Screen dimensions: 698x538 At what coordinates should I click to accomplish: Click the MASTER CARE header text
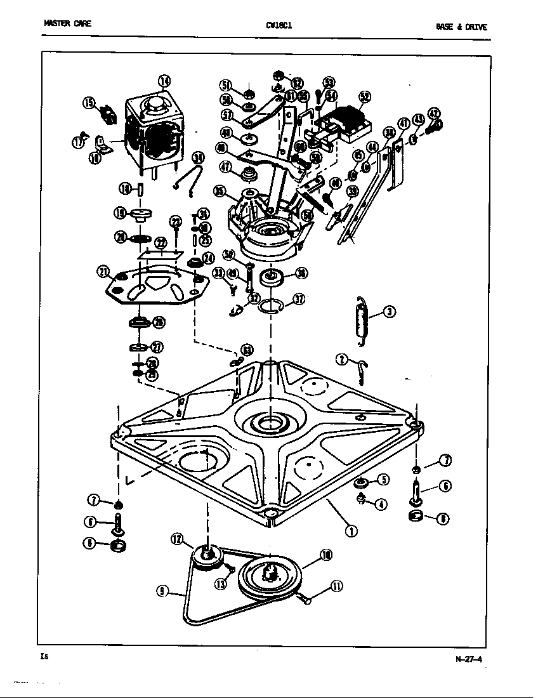tap(67, 24)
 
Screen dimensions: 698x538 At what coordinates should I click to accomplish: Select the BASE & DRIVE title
tap(461, 27)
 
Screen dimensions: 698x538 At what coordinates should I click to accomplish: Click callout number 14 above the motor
tap(164, 81)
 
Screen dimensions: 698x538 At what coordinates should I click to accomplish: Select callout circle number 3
tap(389, 312)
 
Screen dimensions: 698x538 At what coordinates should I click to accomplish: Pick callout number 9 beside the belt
tap(164, 591)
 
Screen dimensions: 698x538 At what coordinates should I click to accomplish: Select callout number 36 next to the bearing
tap(301, 273)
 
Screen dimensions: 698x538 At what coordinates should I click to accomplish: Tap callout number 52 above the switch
tap(364, 97)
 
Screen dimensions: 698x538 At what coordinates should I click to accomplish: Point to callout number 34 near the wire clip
tap(197, 157)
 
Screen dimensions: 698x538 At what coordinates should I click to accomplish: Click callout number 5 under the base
tap(383, 480)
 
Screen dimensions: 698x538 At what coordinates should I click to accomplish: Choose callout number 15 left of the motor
tap(89, 103)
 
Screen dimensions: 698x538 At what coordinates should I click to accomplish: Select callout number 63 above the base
tap(246, 350)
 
